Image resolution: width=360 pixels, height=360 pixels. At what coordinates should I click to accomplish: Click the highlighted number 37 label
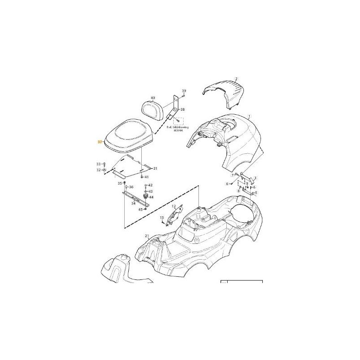[x=100, y=141]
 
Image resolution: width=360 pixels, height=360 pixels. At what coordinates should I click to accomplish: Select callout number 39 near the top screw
[x=184, y=91]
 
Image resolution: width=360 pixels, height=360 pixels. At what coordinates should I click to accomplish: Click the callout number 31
[x=156, y=168]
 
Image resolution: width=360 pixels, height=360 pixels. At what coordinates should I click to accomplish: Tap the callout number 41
[x=147, y=177]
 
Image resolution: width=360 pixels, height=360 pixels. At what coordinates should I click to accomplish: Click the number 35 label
[x=120, y=183]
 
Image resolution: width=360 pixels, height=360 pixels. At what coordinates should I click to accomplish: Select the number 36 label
[x=131, y=187]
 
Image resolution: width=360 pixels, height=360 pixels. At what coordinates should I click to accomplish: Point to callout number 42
[x=150, y=185]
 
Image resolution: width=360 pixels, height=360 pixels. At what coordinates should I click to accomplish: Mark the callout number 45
[x=140, y=209]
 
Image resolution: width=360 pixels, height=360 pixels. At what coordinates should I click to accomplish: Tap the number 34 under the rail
[x=133, y=203]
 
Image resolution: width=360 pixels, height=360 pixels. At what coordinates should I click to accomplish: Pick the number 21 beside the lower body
[x=147, y=236]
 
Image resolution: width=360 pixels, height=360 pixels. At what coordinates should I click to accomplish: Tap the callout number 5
[x=256, y=193]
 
